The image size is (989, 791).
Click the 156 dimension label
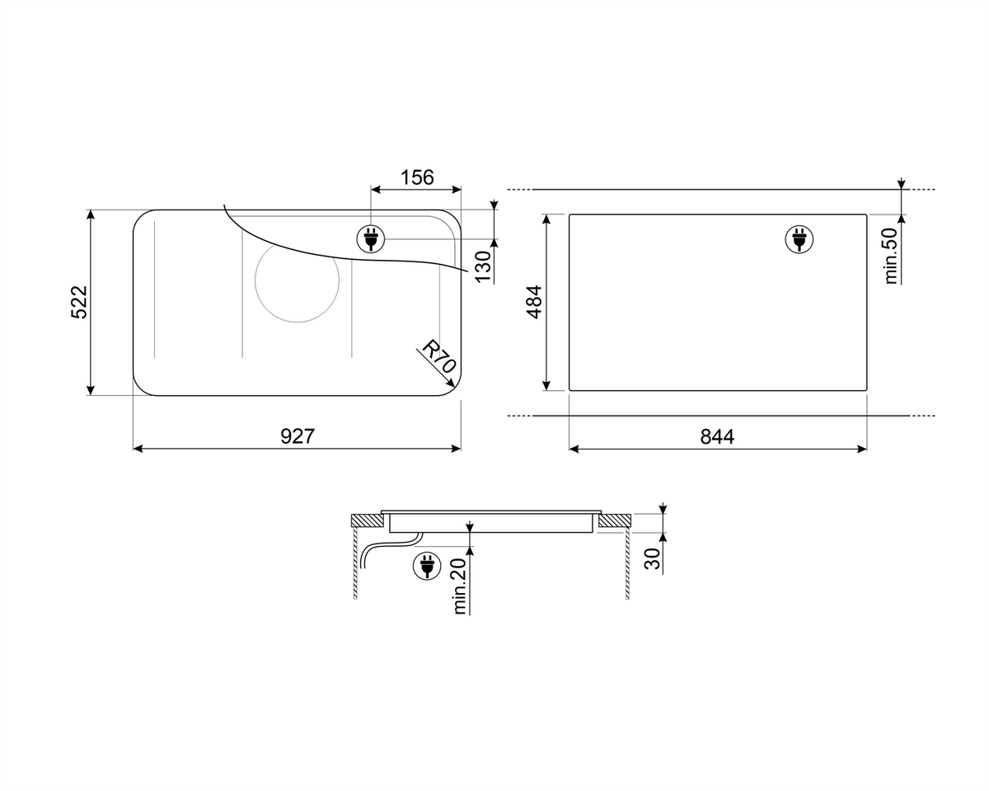click(417, 177)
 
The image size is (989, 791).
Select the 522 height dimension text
click(79, 302)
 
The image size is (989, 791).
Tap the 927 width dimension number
click(298, 436)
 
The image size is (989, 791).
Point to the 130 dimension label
click(483, 266)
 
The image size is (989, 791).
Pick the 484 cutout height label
click(534, 302)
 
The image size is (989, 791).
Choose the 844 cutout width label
click(717, 436)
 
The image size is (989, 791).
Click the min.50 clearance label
click(891, 256)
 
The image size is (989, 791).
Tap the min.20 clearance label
click(460, 586)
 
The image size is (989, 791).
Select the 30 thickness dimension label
click(652, 558)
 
